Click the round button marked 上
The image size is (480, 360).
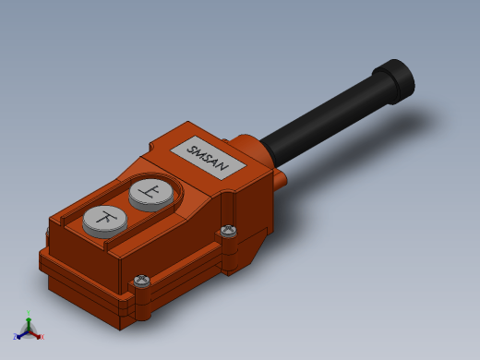tap(151, 193)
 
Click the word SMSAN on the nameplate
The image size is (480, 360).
tap(209, 159)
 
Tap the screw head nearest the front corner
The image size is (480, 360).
tap(141, 281)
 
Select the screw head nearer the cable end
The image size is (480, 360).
tap(228, 230)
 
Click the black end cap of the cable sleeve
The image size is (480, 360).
tap(395, 81)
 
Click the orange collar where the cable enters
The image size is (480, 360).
tap(251, 149)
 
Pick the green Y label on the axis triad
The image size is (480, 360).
tap(29, 313)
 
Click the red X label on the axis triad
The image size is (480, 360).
tap(42, 337)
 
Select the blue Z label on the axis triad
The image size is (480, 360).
tap(15, 336)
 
